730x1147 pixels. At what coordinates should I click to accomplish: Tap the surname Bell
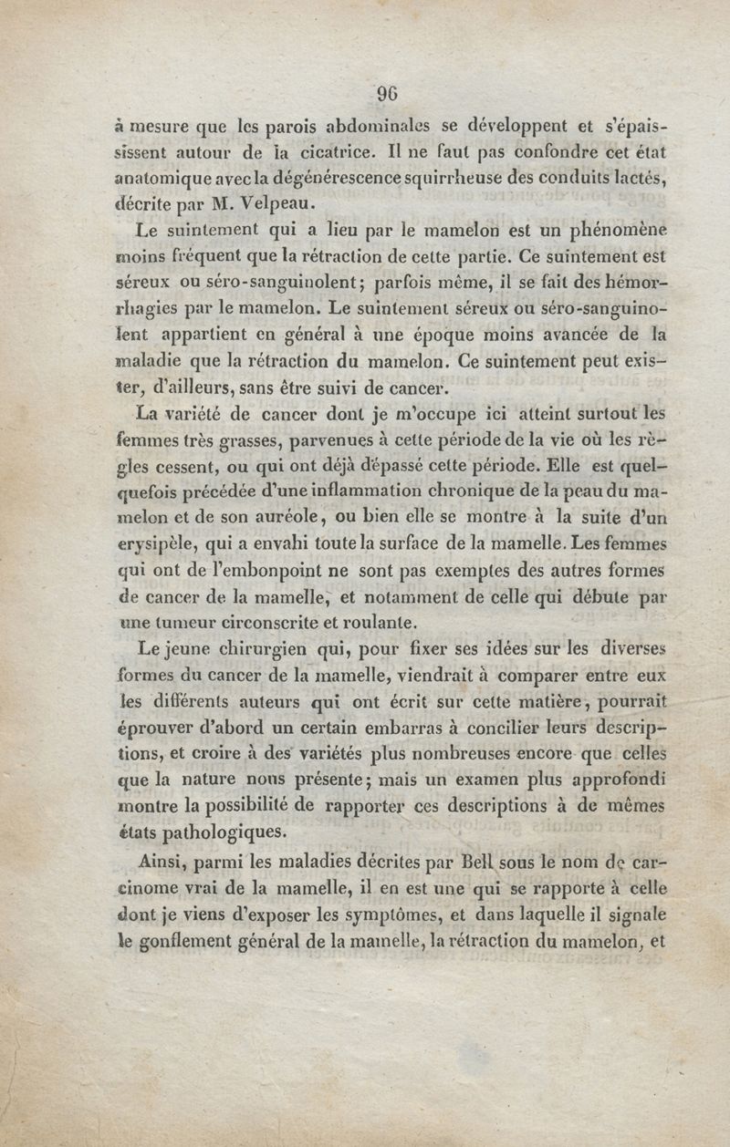(x=479, y=860)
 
